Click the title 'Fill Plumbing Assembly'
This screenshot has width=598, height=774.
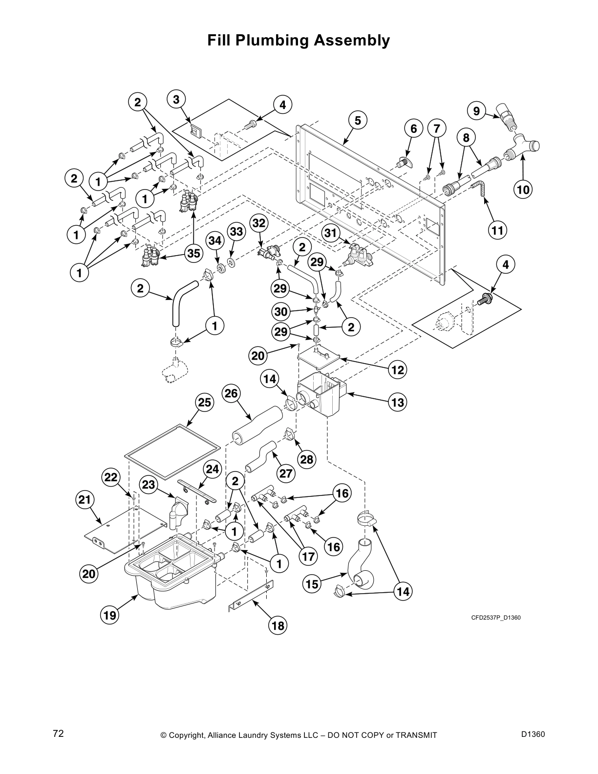tap(299, 40)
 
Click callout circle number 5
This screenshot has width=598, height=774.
tap(358, 121)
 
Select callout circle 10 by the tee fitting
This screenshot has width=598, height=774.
tap(523, 189)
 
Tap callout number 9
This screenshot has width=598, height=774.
tap(476, 111)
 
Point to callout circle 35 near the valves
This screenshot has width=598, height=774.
tap(193, 253)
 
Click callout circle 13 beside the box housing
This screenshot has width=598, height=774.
tap(398, 402)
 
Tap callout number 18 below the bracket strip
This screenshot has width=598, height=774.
tap(278, 625)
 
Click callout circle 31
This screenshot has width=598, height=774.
tap(332, 234)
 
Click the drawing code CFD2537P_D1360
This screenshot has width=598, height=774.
tap(495, 618)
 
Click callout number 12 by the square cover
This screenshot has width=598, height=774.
tap(398, 370)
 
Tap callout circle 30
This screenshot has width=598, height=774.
tap(282, 311)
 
